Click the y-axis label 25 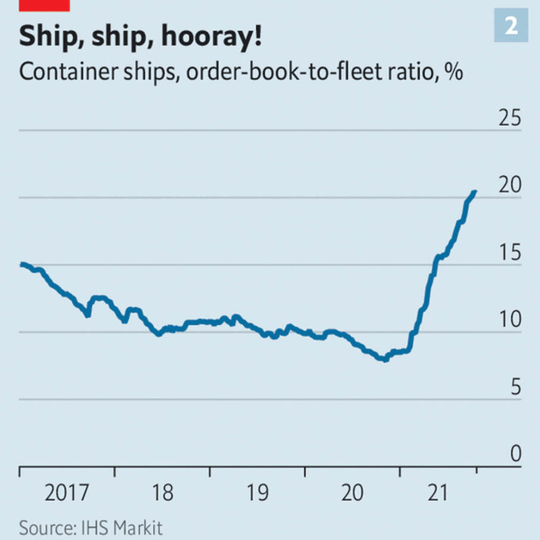[x=510, y=119]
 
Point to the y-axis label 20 [x=510, y=187]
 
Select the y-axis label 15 [x=510, y=254]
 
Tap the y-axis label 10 [x=510, y=321]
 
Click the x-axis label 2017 [x=67, y=494]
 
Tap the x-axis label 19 [x=257, y=494]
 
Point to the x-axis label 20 [x=352, y=494]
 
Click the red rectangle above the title [x=45, y=5]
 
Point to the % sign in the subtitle [x=454, y=74]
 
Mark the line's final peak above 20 [x=475, y=191]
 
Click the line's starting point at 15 [x=21, y=264]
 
